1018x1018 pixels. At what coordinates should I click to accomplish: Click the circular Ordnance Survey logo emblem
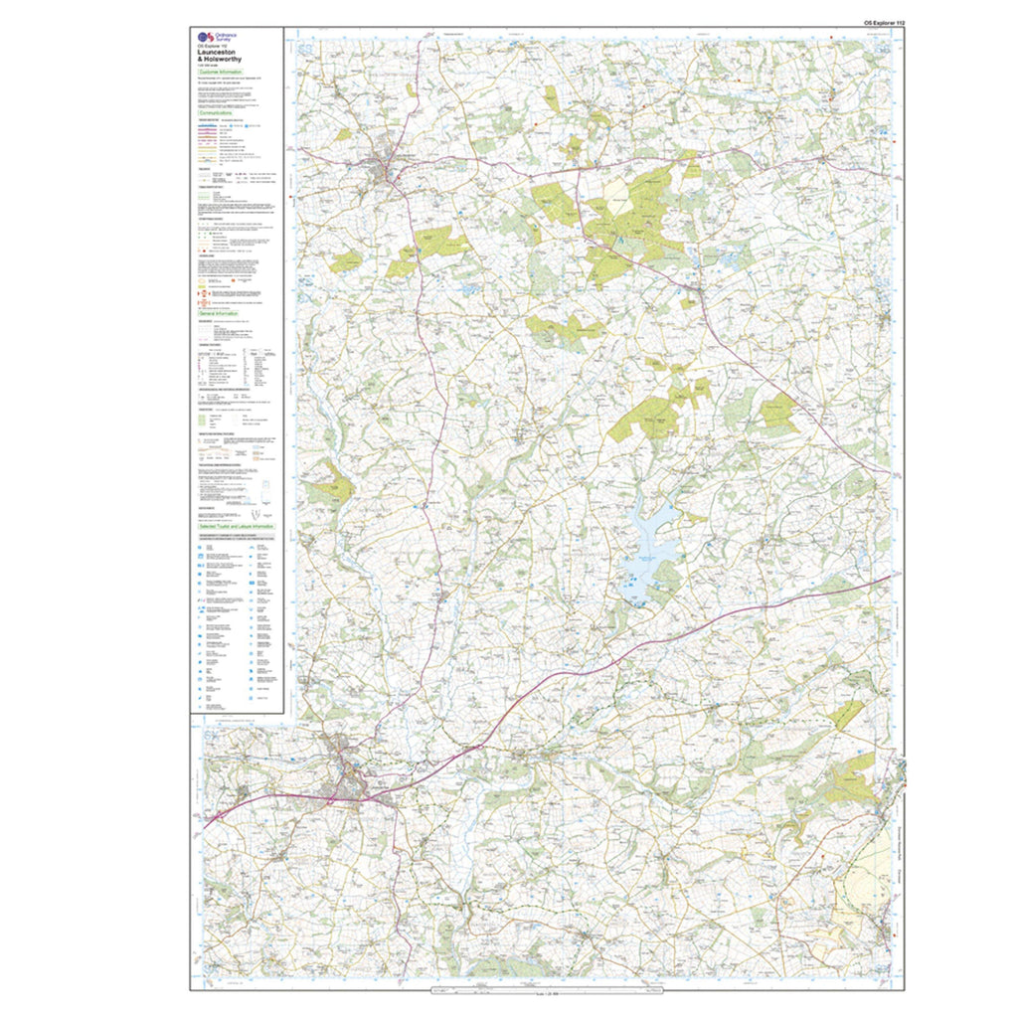click(204, 37)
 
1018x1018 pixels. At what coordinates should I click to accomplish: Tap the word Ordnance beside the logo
click(227, 34)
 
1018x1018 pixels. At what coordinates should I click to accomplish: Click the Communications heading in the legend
click(217, 113)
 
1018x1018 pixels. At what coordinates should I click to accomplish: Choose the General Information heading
click(219, 313)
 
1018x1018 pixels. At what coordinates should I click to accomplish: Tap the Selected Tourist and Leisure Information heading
click(236, 526)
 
